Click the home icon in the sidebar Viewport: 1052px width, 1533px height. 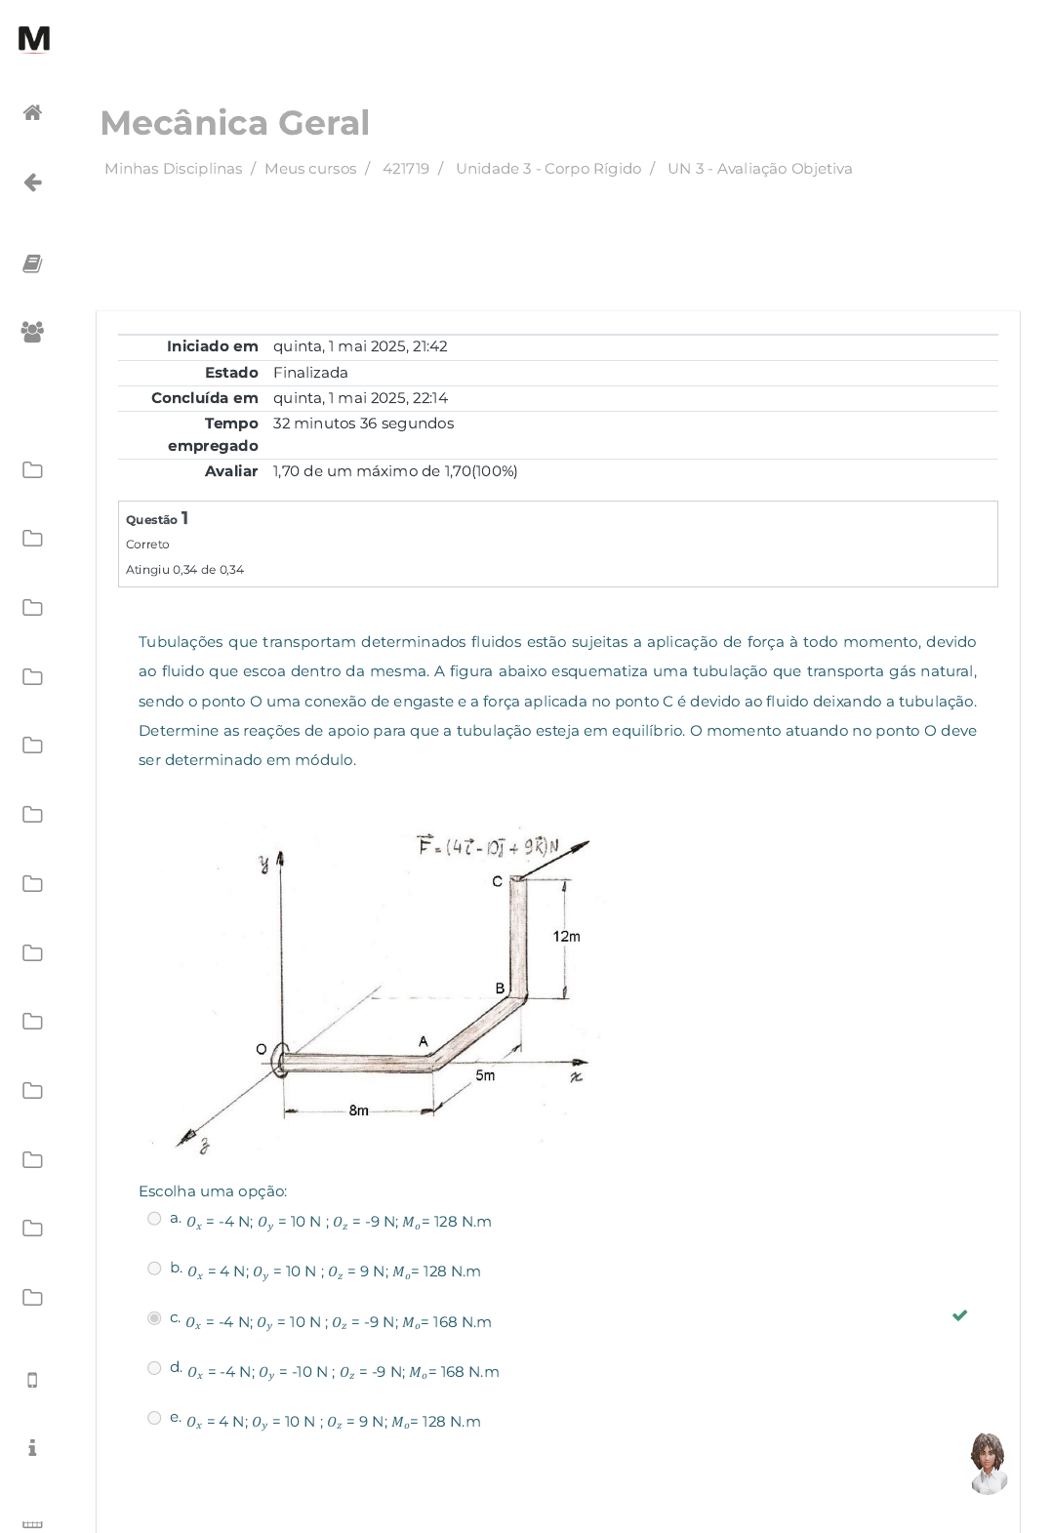[32, 112]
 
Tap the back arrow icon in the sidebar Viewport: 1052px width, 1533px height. [32, 182]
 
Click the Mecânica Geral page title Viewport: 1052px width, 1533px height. [235, 123]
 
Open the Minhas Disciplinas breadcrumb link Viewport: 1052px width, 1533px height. [173, 169]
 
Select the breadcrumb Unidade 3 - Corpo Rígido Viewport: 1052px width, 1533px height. [548, 169]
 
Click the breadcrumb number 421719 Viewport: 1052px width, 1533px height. [406, 169]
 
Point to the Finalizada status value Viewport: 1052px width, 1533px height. [310, 373]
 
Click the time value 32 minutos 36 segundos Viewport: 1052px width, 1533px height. [363, 423]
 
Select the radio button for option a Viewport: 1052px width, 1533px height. [155, 1218]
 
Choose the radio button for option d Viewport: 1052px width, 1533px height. [155, 1367]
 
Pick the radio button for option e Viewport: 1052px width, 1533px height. [155, 1417]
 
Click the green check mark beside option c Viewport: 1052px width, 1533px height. [959, 1315]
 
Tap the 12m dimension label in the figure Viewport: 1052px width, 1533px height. [567, 936]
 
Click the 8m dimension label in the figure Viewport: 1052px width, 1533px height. [359, 1110]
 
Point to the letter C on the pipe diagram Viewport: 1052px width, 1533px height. [498, 881]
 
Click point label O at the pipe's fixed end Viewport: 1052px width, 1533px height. [262, 1049]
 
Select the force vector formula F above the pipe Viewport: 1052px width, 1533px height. [488, 846]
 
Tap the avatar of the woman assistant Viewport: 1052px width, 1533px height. [989, 1463]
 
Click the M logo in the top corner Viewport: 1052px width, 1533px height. [33, 38]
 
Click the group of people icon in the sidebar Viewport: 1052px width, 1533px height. [32, 332]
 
